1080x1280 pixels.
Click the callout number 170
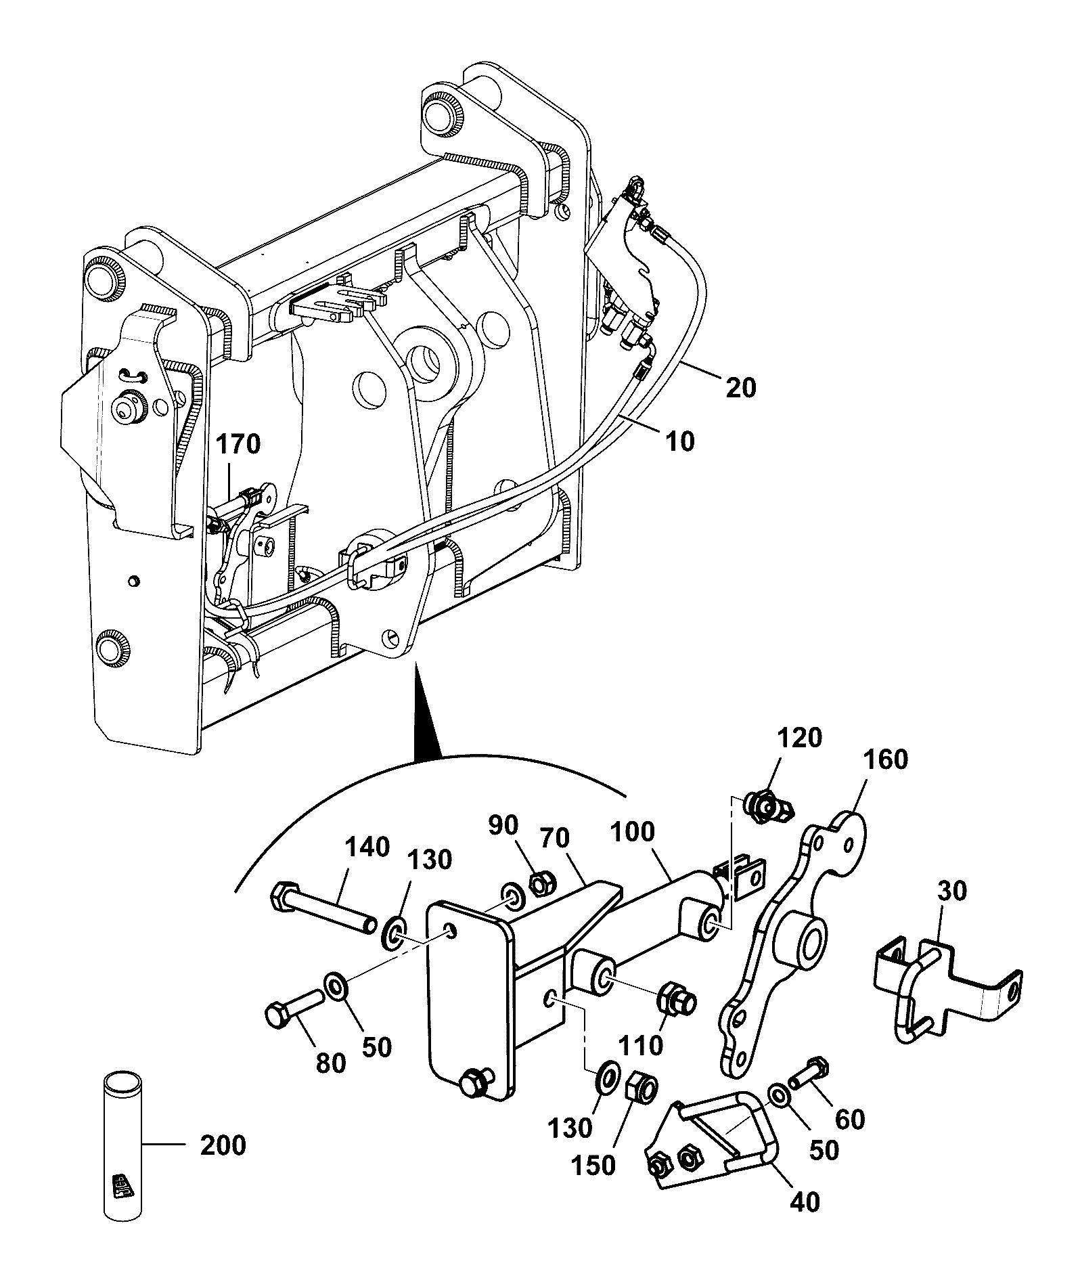tap(238, 445)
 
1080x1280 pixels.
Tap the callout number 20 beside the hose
tap(741, 388)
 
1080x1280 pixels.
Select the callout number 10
tap(679, 441)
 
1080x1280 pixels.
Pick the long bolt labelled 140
tap(324, 908)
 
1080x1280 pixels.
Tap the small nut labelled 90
tap(542, 882)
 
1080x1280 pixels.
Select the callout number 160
tap(886, 759)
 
